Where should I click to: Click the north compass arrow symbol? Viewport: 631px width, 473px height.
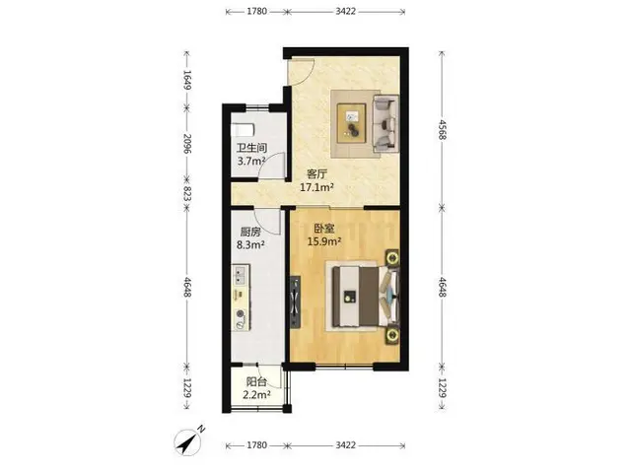coord(188,442)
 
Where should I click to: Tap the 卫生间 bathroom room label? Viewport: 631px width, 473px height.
coord(251,148)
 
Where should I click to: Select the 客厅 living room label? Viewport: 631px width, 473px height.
coord(317,174)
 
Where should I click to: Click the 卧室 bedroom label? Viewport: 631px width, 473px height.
coord(324,229)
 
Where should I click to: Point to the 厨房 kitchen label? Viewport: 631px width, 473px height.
coord(250,232)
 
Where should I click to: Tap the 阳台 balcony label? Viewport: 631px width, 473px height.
coord(256,381)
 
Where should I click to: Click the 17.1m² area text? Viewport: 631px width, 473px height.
coord(317,187)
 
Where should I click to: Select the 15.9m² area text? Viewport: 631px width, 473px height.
coord(324,241)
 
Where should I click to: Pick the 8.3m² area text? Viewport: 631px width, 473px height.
coord(250,244)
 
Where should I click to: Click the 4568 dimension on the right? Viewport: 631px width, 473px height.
coord(442,129)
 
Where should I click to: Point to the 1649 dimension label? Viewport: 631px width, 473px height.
coord(187,80)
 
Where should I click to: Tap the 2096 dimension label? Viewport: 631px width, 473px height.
coord(187,144)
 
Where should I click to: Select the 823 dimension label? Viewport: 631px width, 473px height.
coord(187,194)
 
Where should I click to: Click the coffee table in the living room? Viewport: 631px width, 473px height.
coord(351,123)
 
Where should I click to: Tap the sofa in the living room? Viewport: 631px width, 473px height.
coord(386,123)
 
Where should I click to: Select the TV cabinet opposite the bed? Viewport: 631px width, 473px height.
coord(295,302)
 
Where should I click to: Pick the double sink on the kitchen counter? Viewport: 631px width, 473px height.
coord(241,275)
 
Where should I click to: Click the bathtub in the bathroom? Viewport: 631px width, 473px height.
coord(243,130)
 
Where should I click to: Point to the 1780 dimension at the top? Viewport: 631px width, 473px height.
coord(256,11)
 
